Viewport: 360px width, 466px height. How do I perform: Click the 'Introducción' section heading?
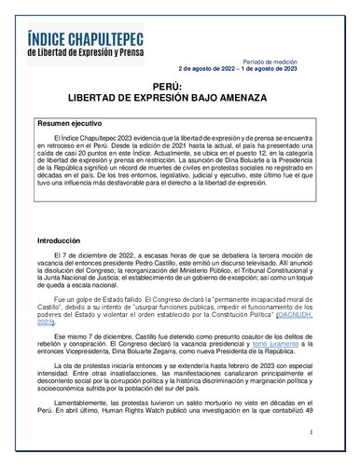click(x=59, y=240)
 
